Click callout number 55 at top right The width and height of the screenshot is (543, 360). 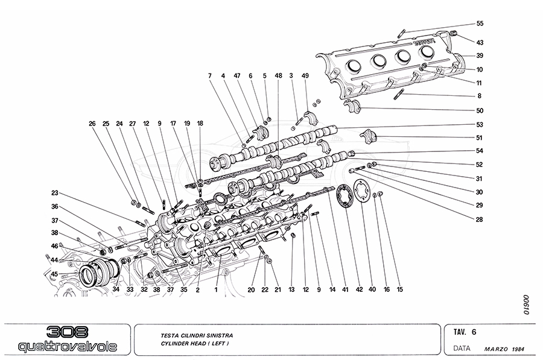pos(480,24)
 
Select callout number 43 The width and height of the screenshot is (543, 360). pos(480,43)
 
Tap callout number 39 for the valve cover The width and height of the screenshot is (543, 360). pos(480,55)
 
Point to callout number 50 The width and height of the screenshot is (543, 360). pos(480,111)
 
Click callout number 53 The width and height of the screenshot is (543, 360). pos(480,125)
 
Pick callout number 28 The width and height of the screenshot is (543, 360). pos(480,219)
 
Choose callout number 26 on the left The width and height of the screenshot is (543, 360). pos(92,124)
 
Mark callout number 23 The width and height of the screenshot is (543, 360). pos(54,194)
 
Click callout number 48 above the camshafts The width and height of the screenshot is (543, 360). pos(278,76)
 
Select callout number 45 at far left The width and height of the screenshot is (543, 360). pos(54,274)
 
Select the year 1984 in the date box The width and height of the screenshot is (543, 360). pos(523,349)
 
